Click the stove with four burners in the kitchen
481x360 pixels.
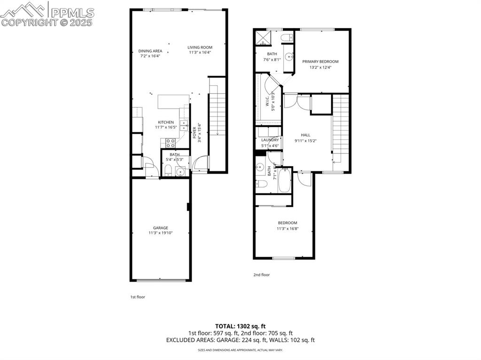(170, 143)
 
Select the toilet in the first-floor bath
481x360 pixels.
(168, 171)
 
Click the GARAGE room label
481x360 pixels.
(160, 228)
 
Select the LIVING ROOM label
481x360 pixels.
(200, 47)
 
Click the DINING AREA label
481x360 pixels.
(150, 51)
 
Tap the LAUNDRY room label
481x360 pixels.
(270, 140)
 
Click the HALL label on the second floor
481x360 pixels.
(305, 135)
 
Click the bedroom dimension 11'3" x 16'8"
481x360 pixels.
(287, 229)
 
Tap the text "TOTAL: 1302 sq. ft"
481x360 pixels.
(240, 326)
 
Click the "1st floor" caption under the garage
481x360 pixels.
(138, 297)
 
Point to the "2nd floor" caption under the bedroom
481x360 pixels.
(262, 275)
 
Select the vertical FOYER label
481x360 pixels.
(194, 132)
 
